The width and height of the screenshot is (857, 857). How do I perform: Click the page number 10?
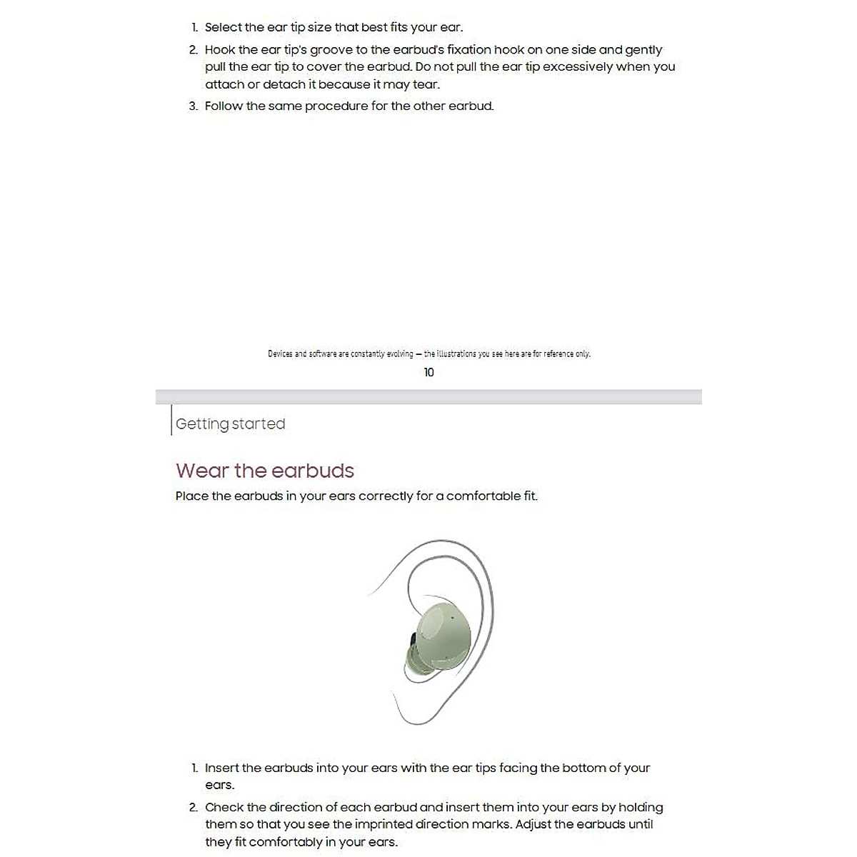(x=428, y=372)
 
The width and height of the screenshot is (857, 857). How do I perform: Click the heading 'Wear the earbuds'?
(x=265, y=471)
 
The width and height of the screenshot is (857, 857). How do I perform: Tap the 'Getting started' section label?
(x=230, y=424)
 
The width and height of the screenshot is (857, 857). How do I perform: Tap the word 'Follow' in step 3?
(x=224, y=106)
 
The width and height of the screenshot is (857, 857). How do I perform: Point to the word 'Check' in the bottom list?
(x=224, y=807)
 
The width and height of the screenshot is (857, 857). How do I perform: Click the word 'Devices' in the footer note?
(x=280, y=354)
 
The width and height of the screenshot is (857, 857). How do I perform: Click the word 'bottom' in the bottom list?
(x=583, y=768)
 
